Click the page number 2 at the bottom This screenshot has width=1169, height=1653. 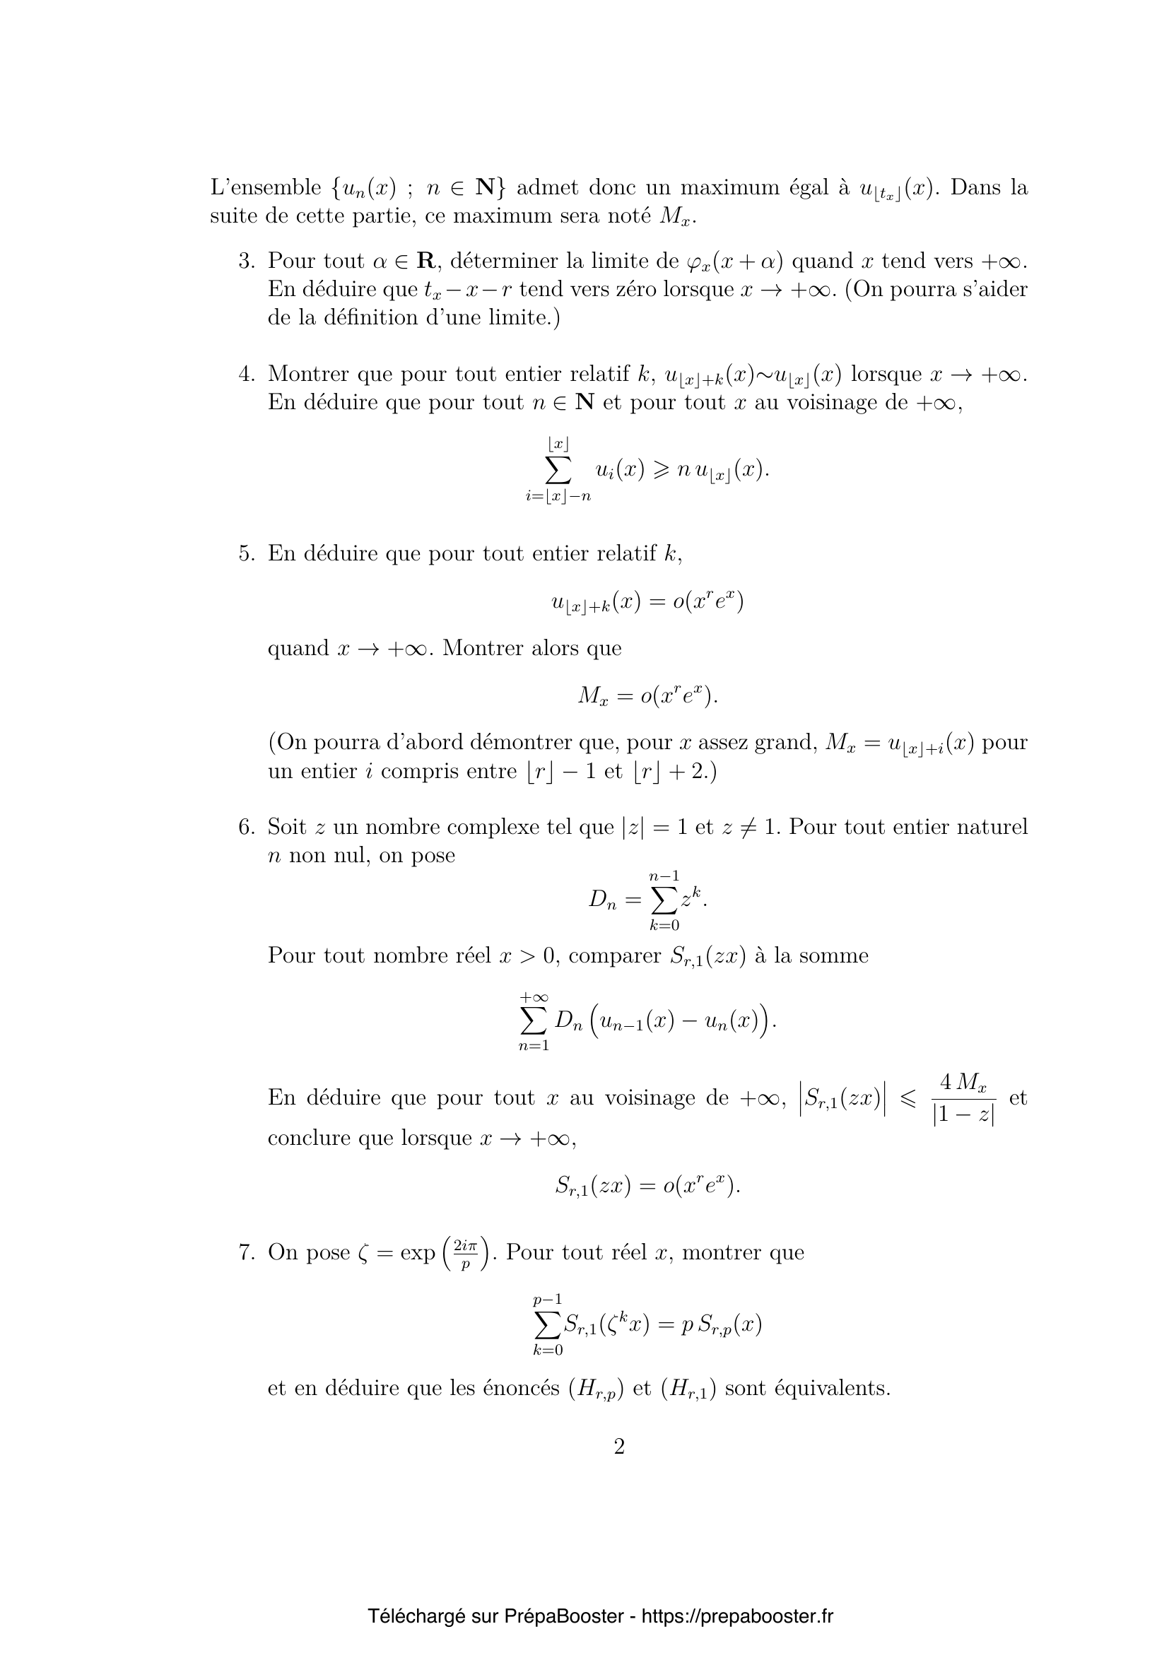click(619, 1446)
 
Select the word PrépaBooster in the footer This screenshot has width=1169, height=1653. click(563, 1596)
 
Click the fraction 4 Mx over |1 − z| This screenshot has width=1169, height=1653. click(963, 1100)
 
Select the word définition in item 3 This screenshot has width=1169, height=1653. click(366, 317)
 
